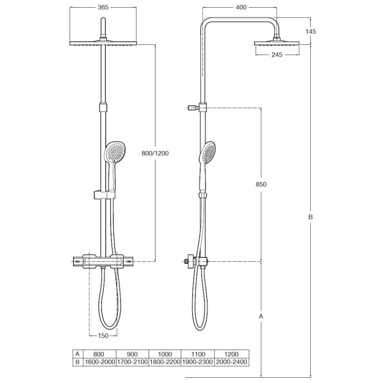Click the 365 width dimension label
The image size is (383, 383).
point(103,7)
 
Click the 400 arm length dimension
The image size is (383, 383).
point(241,7)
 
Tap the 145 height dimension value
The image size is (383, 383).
point(311,31)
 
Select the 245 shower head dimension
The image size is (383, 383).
point(277,55)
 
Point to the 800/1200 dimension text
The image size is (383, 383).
point(155,153)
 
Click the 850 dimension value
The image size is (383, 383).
point(261,184)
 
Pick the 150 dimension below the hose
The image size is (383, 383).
point(103,336)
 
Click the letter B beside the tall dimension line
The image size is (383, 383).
point(311,217)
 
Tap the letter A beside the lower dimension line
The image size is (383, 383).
point(261,316)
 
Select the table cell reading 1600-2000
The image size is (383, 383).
point(100,362)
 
